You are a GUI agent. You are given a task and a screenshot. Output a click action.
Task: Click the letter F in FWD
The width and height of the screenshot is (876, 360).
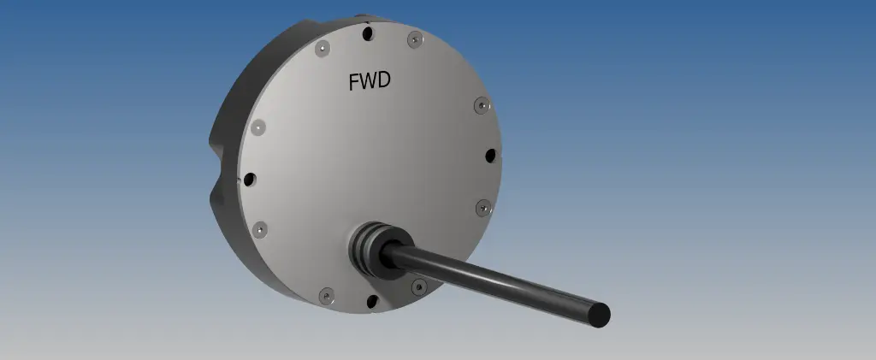354,82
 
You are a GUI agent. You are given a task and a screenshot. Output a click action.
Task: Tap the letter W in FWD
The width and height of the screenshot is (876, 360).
369,82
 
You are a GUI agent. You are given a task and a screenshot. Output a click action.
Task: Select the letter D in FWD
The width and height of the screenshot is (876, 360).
384,82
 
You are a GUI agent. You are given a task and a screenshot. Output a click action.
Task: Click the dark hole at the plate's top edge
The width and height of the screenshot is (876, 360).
368,34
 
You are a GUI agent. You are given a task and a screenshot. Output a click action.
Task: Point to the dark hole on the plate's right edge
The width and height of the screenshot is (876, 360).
490,156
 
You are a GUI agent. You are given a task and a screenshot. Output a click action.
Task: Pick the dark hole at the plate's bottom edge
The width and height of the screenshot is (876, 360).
371,299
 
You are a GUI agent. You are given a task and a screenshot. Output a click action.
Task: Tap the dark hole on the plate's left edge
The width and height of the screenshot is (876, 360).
250,180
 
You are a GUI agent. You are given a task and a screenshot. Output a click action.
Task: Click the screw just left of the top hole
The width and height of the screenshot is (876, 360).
323,48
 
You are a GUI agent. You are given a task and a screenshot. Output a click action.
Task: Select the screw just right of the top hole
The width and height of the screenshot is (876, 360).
414,38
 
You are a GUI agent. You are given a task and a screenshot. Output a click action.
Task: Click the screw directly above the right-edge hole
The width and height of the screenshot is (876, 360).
482,105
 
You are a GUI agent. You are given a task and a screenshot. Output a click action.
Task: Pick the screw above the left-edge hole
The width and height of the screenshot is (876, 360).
259,127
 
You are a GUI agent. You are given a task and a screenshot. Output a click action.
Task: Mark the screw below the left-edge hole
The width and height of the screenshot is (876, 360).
260,229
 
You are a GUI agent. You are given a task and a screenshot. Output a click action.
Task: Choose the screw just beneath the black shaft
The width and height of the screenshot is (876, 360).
418,286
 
